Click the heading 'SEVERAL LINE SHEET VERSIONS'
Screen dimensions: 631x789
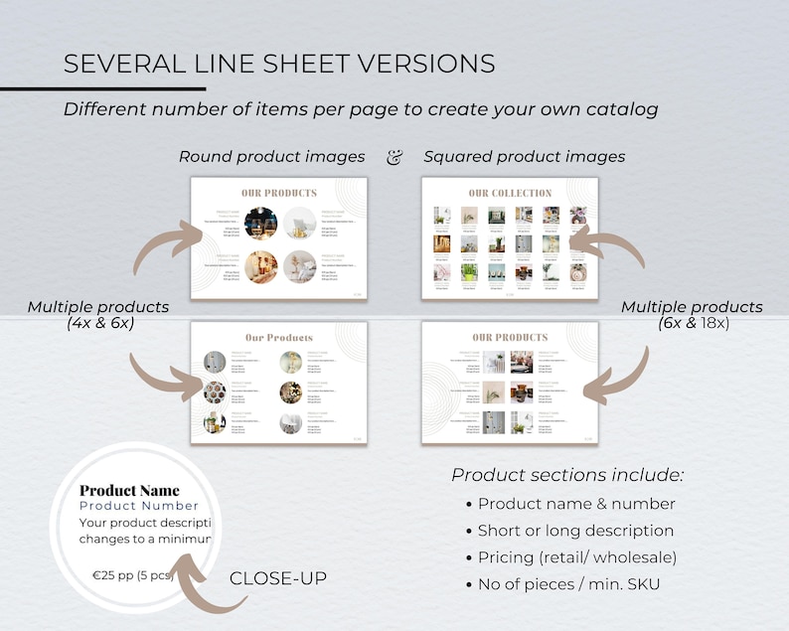click(x=279, y=65)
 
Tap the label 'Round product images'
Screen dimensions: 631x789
click(x=271, y=156)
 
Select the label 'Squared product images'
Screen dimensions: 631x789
click(x=524, y=156)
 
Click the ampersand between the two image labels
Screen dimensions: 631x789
click(x=394, y=156)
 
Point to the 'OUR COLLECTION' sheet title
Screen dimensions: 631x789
click(x=510, y=193)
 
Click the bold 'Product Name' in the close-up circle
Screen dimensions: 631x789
click(x=129, y=490)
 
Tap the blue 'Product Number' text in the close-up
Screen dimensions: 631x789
click(x=139, y=506)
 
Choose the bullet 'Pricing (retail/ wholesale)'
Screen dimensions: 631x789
click(x=577, y=557)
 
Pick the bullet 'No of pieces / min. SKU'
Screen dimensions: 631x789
click(x=568, y=584)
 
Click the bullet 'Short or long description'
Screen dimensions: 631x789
click(x=575, y=531)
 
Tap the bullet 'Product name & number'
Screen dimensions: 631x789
click(x=576, y=504)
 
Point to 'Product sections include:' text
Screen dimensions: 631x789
click(x=567, y=474)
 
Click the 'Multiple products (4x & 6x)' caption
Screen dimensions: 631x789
click(x=97, y=315)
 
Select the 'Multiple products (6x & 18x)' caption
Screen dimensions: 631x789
click(x=692, y=315)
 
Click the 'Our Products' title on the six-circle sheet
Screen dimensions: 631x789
click(x=279, y=338)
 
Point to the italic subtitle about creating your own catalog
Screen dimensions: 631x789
click(x=361, y=109)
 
